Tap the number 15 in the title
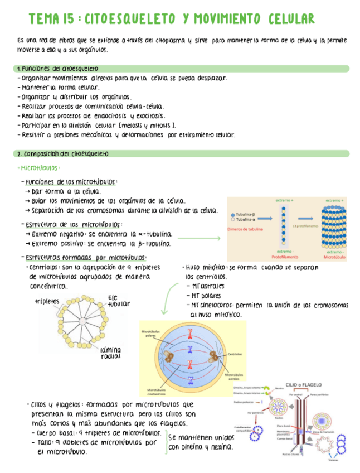(x=66, y=20)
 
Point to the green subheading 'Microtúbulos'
(x=39, y=168)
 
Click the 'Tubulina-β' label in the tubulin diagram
(x=245, y=214)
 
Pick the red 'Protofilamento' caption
(x=285, y=258)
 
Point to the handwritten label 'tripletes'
(x=47, y=301)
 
